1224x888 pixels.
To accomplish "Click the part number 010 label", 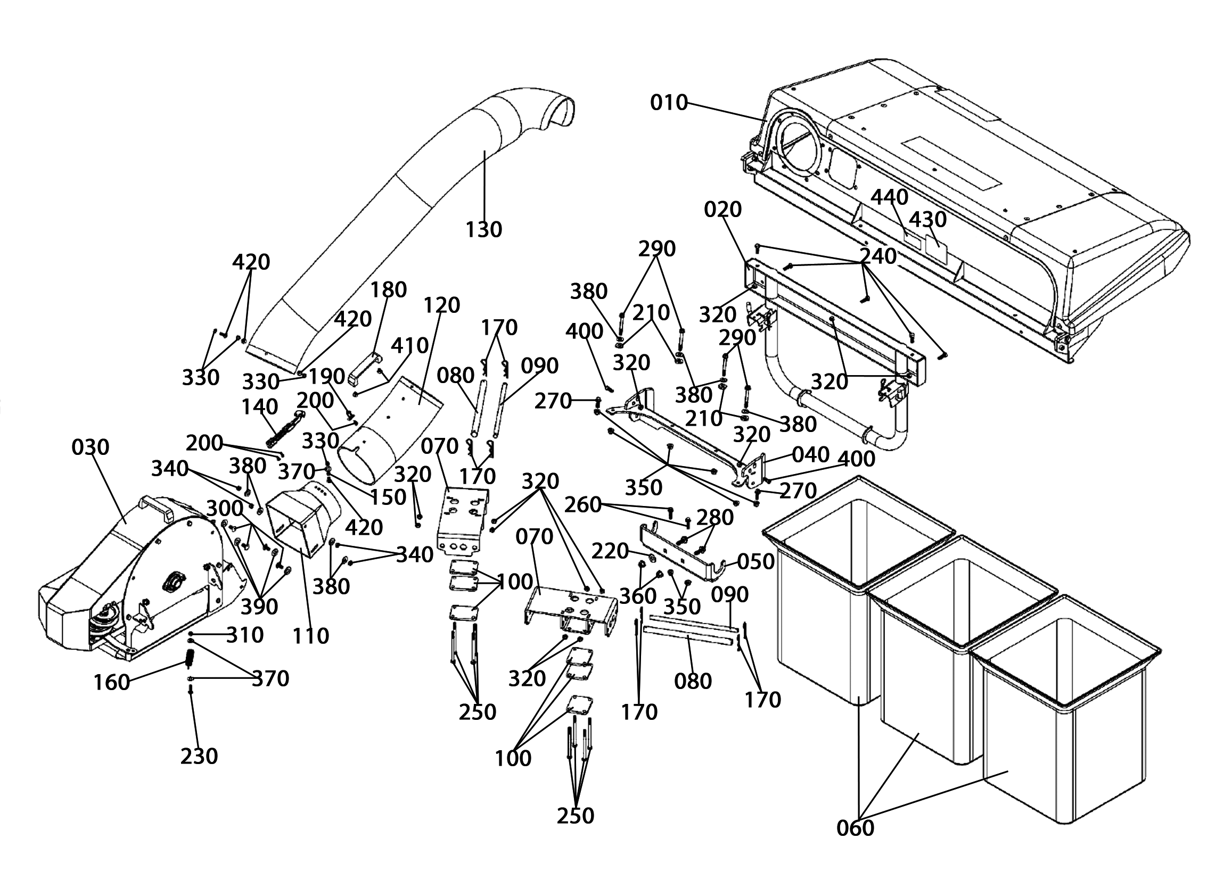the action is [669, 103].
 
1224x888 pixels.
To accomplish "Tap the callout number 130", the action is [483, 230].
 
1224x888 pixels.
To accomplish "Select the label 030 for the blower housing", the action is [90, 447].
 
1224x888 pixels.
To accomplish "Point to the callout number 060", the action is [856, 828].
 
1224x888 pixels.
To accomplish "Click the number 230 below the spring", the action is [199, 757].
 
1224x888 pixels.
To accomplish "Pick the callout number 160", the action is [112, 683].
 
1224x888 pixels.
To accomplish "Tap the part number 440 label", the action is [890, 197].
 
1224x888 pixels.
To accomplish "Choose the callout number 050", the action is [756, 562].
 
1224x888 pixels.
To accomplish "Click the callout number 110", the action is [311, 636].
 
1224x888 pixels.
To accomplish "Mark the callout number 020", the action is [723, 209].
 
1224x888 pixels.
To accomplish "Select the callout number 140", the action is [260, 407].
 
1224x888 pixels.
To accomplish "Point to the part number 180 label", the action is [389, 291].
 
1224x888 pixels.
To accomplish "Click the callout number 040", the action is [811, 455].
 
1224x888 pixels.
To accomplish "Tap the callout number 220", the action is [610, 551].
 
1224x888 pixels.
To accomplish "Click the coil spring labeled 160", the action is [190, 658].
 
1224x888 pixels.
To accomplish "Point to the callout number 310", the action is [245, 635].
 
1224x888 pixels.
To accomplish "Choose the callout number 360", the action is [638, 596].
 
